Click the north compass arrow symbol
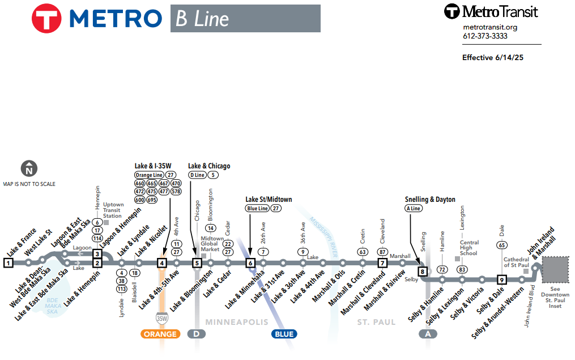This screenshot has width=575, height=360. (x=29, y=168)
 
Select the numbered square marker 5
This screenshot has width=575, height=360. (x=197, y=262)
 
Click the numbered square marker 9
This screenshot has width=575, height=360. (x=501, y=279)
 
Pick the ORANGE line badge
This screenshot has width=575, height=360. (x=160, y=334)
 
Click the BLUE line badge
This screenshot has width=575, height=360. (x=284, y=334)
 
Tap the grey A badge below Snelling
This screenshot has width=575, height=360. (x=428, y=334)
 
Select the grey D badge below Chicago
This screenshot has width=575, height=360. (x=197, y=334)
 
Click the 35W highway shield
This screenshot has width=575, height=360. (x=162, y=319)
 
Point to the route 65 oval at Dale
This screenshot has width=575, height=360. (x=501, y=245)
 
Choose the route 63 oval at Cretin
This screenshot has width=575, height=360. (x=363, y=252)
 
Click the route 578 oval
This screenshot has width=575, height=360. (x=176, y=192)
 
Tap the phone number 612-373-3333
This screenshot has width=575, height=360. (x=485, y=36)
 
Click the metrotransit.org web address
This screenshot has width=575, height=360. (x=490, y=27)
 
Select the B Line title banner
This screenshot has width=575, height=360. (x=245, y=19)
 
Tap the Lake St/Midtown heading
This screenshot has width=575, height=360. (x=269, y=200)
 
